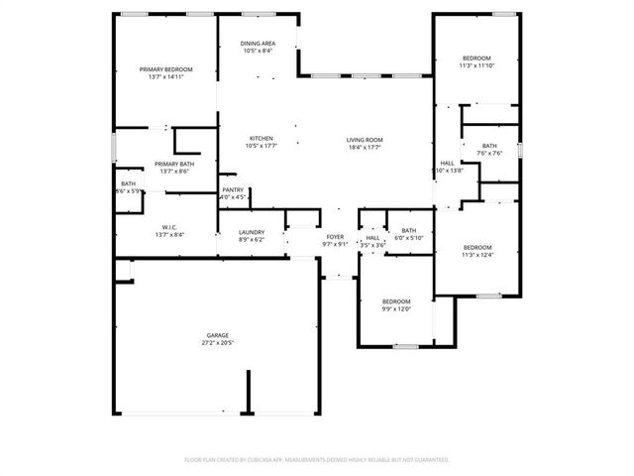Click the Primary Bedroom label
[165, 68]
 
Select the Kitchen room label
[261, 138]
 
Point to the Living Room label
[364, 140]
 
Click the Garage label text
[218, 335]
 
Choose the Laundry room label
[252, 232]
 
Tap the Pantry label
[233, 189]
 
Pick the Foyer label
[335, 237]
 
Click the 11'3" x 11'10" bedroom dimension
[475, 66]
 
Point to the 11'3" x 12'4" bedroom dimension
[477, 254]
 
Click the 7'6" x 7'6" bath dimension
[489, 153]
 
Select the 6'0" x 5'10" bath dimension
[408, 237]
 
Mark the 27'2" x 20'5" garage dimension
[218, 342]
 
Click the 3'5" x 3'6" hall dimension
[372, 244]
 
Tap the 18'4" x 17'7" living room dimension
[364, 147]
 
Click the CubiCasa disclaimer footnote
[317, 459]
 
